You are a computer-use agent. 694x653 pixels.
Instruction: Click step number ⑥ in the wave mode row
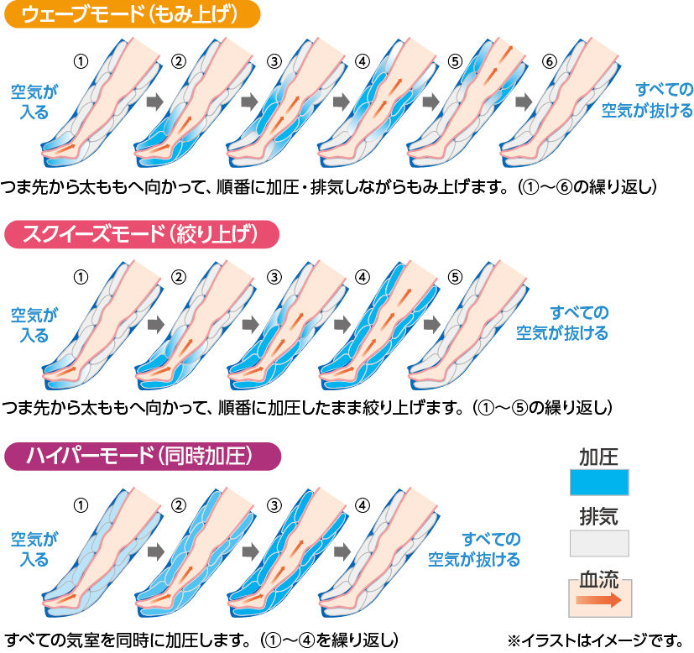tap(549, 61)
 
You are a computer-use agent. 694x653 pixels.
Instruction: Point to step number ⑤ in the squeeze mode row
tap(456, 276)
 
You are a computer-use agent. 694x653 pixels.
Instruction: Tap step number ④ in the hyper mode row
tap(362, 505)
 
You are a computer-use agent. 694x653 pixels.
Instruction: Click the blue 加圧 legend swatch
tap(599, 483)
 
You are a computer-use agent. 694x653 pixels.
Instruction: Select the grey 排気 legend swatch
tap(599, 542)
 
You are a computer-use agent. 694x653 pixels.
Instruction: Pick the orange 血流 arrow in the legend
tap(599, 600)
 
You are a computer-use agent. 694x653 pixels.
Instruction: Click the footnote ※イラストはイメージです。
tap(597, 640)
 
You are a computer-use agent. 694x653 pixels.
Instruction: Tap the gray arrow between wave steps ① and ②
tap(154, 102)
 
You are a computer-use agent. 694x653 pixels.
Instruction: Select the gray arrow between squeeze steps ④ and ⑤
tap(432, 323)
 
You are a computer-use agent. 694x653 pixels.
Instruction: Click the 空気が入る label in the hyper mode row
tap(29, 549)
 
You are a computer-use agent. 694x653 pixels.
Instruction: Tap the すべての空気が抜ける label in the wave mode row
tap(647, 100)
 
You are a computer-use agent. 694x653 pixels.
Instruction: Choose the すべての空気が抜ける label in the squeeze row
tap(561, 322)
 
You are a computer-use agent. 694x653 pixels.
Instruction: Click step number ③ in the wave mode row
tap(273, 61)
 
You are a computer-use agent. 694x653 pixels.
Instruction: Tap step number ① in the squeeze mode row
tap(81, 276)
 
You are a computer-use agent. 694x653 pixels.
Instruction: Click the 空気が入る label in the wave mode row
tap(29, 102)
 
